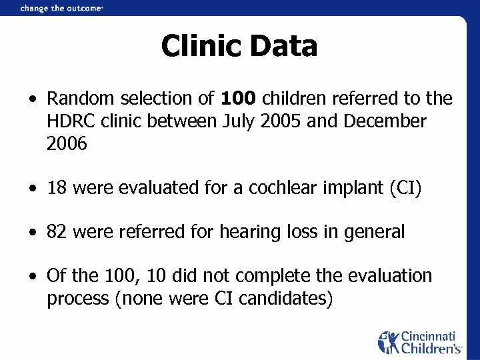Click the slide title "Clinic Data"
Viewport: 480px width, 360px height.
(x=239, y=46)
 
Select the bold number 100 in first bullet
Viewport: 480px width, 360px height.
(x=238, y=99)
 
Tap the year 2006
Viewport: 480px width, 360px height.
(x=67, y=143)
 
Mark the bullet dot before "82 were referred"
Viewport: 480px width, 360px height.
(x=32, y=233)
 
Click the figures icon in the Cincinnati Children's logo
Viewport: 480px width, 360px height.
(x=388, y=342)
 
